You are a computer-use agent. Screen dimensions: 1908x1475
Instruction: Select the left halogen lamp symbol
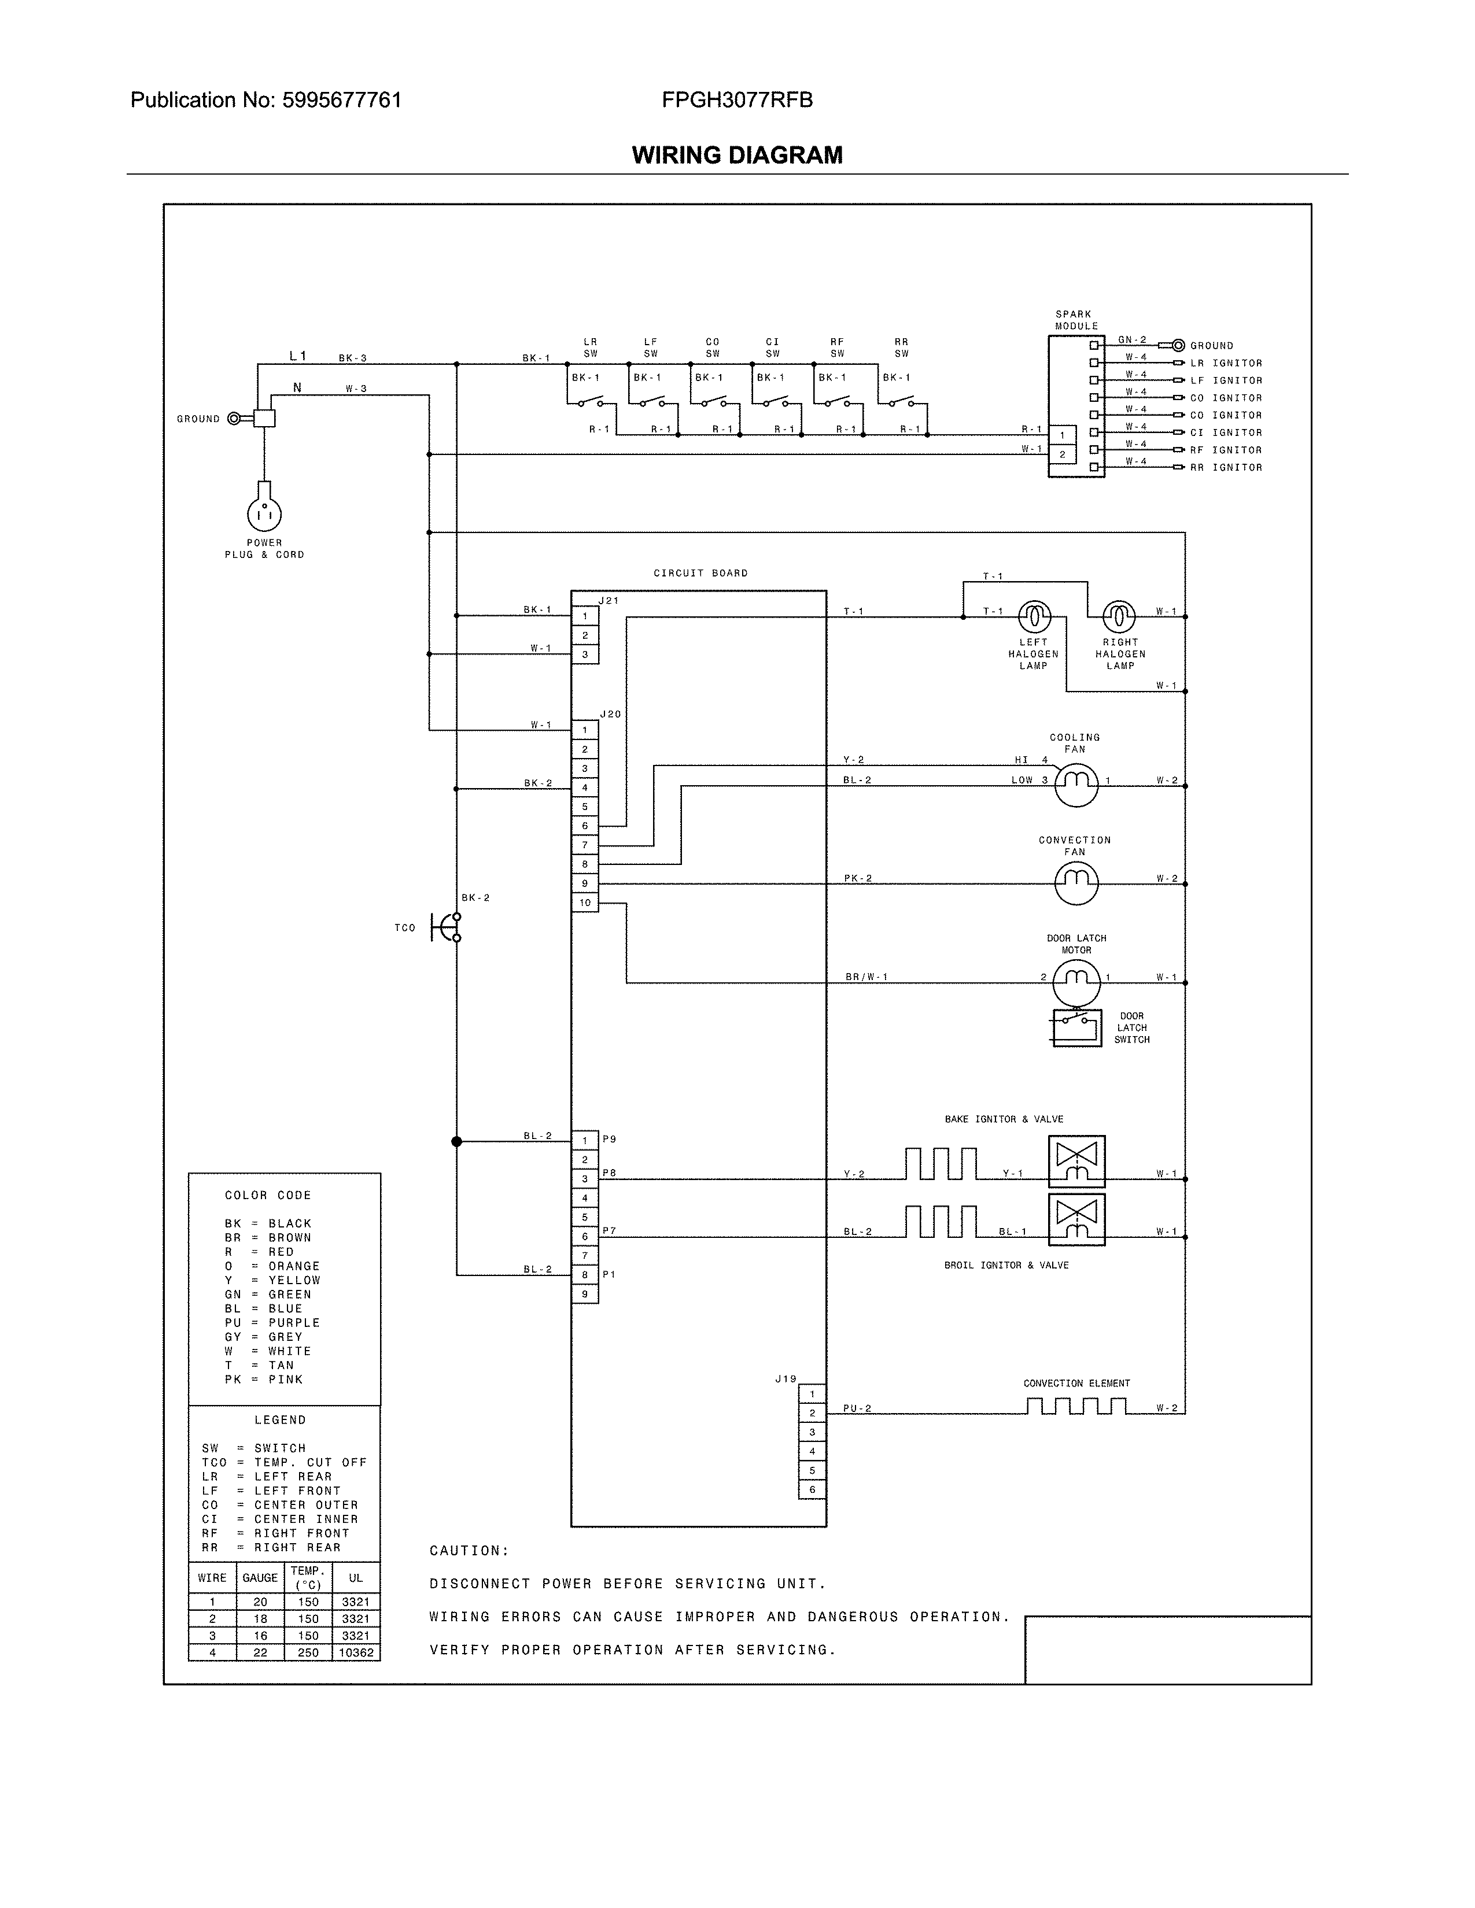[x=1034, y=617]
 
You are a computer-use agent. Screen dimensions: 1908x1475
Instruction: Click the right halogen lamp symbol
[x=1119, y=617]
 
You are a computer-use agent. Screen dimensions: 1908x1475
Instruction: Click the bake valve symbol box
[x=1076, y=1161]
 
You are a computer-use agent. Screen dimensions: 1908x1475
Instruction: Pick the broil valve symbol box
[x=1076, y=1219]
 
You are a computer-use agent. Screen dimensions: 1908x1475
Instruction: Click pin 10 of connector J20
[x=585, y=903]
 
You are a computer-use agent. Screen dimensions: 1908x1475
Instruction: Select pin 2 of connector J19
[x=812, y=1412]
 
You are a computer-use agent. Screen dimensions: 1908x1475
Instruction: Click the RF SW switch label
[x=837, y=347]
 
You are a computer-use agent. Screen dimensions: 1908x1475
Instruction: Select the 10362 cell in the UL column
[x=356, y=1652]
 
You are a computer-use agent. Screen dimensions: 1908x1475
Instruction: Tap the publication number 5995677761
[x=342, y=101]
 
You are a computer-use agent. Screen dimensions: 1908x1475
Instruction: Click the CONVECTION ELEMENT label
[x=1076, y=1383]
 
